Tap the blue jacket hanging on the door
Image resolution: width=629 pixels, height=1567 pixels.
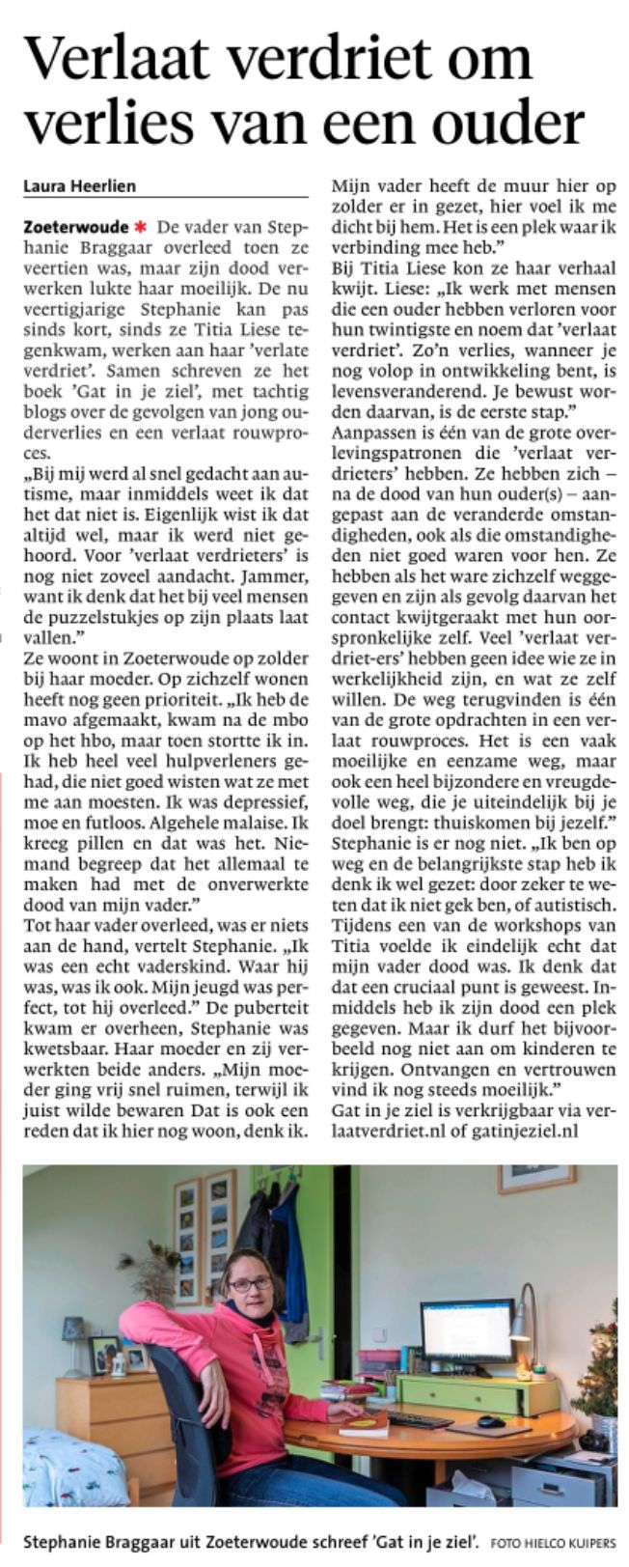tap(284, 1255)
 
